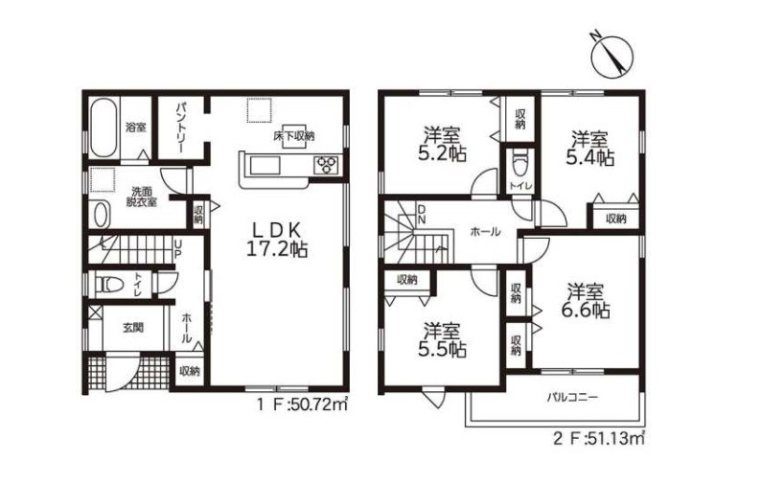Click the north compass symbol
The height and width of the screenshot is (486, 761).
pyautogui.click(x=612, y=56)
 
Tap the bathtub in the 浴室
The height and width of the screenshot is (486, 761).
pyautogui.click(x=104, y=127)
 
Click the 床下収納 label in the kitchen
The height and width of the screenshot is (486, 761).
pyautogui.click(x=293, y=136)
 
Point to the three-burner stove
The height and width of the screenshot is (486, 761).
pyautogui.click(x=327, y=164)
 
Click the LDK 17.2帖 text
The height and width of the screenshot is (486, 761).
pyautogui.click(x=277, y=239)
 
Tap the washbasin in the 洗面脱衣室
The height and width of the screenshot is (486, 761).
pyautogui.click(x=100, y=214)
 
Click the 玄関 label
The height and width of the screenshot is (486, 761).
pyautogui.click(x=132, y=328)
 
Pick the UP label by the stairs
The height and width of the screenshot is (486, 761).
pyautogui.click(x=178, y=247)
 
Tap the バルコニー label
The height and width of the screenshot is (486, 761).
pyautogui.click(x=573, y=398)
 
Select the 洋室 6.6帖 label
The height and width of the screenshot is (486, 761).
pyautogui.click(x=587, y=302)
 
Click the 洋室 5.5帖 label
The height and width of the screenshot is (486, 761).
pyautogui.click(x=442, y=341)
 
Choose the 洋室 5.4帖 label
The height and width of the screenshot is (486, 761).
pyautogui.click(x=589, y=149)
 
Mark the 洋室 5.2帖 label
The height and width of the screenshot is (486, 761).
pyautogui.click(x=442, y=144)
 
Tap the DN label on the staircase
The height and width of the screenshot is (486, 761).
pyautogui.click(x=422, y=214)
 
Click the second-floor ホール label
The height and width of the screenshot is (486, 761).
pyautogui.click(x=485, y=232)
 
